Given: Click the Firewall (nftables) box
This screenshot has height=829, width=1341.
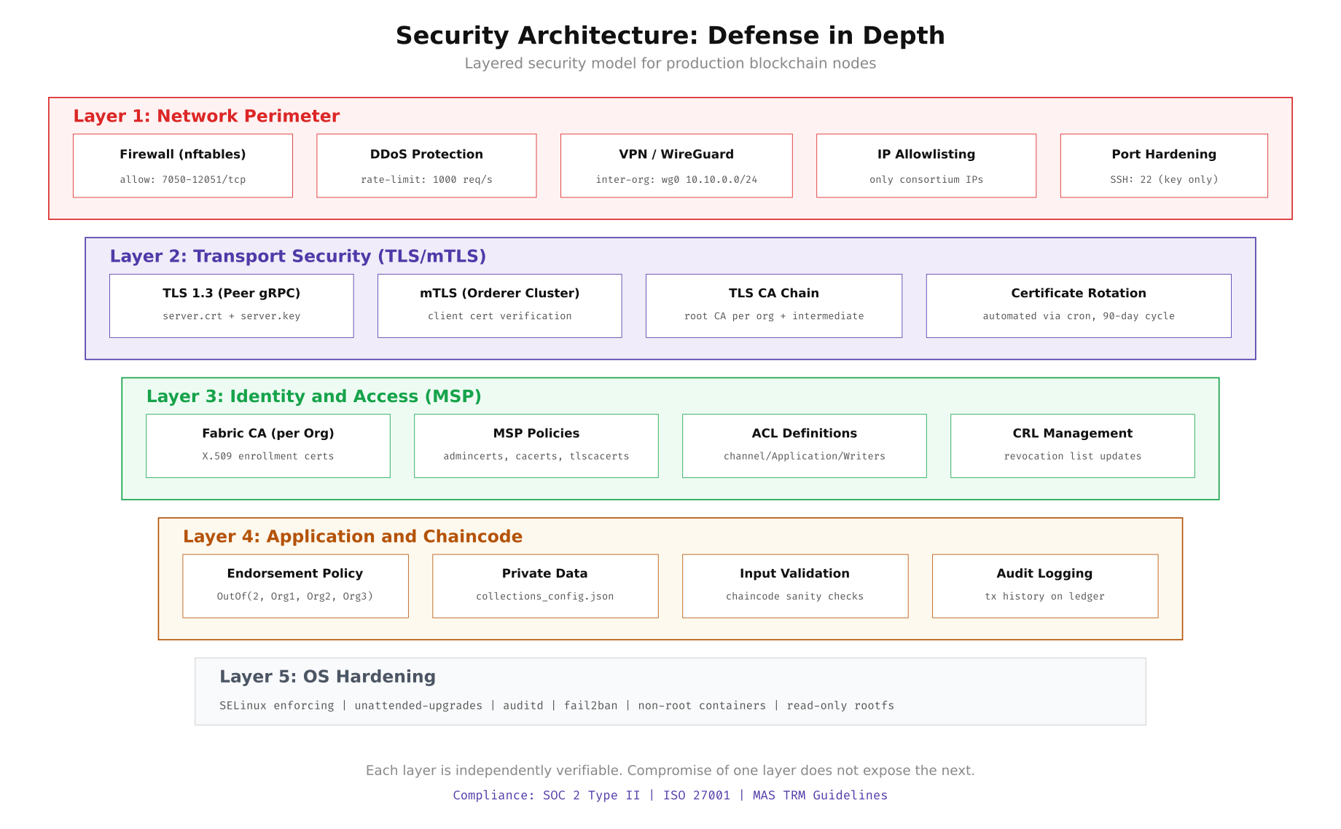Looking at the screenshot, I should (x=183, y=165).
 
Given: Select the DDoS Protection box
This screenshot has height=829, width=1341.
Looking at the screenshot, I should (x=426, y=165).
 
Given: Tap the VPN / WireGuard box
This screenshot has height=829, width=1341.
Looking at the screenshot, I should (x=676, y=165).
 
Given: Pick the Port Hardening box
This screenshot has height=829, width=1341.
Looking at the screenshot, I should (x=1164, y=165).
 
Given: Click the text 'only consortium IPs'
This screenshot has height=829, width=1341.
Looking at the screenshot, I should (x=926, y=180).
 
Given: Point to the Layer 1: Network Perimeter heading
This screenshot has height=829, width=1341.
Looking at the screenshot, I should (x=206, y=117).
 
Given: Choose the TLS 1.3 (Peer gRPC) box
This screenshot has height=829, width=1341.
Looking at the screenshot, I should (x=232, y=306).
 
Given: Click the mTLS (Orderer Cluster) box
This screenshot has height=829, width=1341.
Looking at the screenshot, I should (x=500, y=306).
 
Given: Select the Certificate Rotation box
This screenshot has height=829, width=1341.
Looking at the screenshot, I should (x=1079, y=306).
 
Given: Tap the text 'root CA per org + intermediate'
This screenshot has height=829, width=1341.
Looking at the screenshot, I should (x=774, y=316).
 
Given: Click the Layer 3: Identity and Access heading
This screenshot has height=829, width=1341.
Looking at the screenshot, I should (x=313, y=396).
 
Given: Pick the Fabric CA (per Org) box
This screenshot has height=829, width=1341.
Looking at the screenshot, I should (x=268, y=446).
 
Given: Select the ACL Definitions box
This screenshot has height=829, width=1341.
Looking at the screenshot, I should (x=805, y=446).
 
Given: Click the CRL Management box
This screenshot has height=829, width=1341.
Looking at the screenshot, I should (x=1073, y=446).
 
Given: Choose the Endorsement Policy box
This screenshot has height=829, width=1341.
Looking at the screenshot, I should (x=295, y=586).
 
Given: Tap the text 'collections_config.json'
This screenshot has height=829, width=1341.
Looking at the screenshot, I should (x=545, y=597).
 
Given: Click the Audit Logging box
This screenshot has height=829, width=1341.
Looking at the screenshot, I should (x=1045, y=586).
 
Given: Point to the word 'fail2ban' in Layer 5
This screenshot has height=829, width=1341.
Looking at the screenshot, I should (x=590, y=706).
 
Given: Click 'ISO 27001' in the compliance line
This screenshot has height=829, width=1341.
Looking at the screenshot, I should (x=696, y=795).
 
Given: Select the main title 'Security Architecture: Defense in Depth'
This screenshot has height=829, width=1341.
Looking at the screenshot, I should (x=670, y=36).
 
